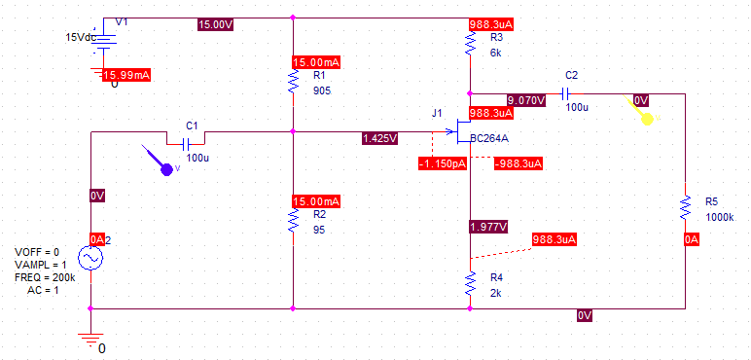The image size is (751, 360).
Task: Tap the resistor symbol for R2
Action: click(293, 222)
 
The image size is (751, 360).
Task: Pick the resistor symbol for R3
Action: click(470, 42)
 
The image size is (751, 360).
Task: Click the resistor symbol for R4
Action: click(470, 283)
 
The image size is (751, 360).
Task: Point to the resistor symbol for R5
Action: click(686, 208)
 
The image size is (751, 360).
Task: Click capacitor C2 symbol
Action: click(571, 93)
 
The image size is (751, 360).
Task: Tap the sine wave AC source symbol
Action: click(90, 257)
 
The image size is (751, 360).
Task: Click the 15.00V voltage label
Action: click(215, 24)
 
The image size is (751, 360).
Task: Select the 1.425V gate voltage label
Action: click(379, 139)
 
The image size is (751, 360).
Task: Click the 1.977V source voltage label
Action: click(487, 227)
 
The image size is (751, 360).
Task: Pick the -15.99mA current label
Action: click(127, 74)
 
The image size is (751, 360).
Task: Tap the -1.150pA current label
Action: click(443, 163)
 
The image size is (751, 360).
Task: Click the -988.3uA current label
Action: click(519, 163)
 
